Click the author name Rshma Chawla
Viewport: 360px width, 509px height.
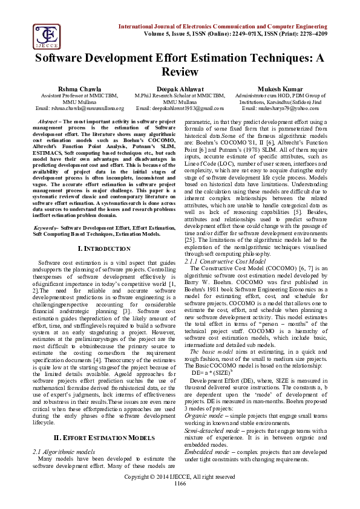tap(72, 88)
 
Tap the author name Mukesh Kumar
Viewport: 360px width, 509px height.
tap(280, 88)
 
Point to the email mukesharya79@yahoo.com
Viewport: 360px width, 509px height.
tap(280, 108)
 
